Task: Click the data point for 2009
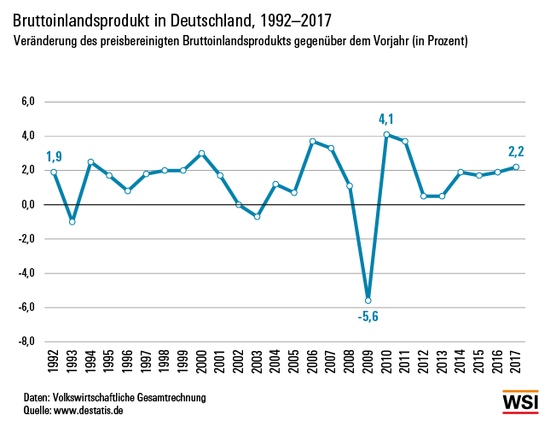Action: coord(368,301)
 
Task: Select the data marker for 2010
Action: coord(386,134)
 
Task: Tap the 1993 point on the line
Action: coord(72,221)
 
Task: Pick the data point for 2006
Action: coord(313,141)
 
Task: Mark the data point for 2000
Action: coord(202,153)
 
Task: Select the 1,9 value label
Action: coord(54,155)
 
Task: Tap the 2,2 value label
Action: coord(516,152)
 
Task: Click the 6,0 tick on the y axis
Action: coord(27,102)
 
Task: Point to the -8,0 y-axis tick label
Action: coord(26,342)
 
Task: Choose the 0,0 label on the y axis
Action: coord(27,204)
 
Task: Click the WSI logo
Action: coord(519,401)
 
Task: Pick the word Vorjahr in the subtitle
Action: coord(389,40)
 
